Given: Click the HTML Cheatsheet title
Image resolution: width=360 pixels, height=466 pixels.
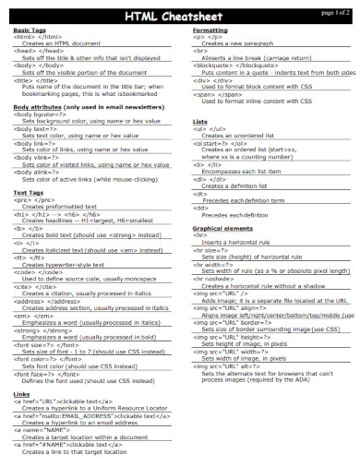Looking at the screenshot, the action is coord(175,16).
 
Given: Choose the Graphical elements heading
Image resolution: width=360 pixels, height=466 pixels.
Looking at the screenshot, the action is coord(223,227).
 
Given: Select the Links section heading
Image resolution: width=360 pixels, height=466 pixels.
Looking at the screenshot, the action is coord(21,395).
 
